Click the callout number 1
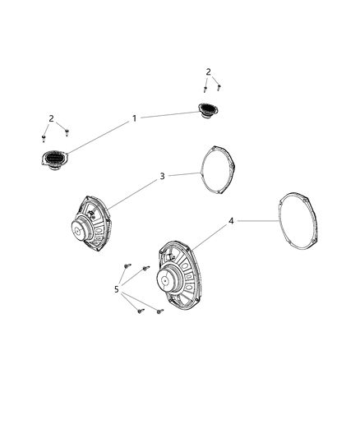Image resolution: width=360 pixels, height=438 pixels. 134,118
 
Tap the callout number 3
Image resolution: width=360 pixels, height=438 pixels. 162,176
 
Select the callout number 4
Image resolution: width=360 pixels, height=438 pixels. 231,221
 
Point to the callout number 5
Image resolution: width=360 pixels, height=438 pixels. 117,289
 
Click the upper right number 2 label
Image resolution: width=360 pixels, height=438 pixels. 208,71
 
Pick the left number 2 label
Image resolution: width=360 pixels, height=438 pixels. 51,118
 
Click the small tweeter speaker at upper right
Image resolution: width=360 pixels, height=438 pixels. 208,111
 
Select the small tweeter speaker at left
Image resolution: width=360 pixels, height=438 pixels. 55,160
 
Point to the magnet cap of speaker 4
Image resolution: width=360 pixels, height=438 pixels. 164,280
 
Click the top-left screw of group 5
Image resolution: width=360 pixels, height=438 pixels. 127,265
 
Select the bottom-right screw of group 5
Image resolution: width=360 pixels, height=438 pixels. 160,311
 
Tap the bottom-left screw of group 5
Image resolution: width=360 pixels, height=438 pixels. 141,311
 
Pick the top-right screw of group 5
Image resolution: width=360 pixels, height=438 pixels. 146,268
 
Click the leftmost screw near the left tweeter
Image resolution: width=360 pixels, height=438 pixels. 44,139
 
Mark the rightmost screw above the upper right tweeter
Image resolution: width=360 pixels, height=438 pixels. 219,88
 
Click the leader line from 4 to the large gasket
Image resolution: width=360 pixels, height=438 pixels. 258,221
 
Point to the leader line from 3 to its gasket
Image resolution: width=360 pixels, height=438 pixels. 185,174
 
